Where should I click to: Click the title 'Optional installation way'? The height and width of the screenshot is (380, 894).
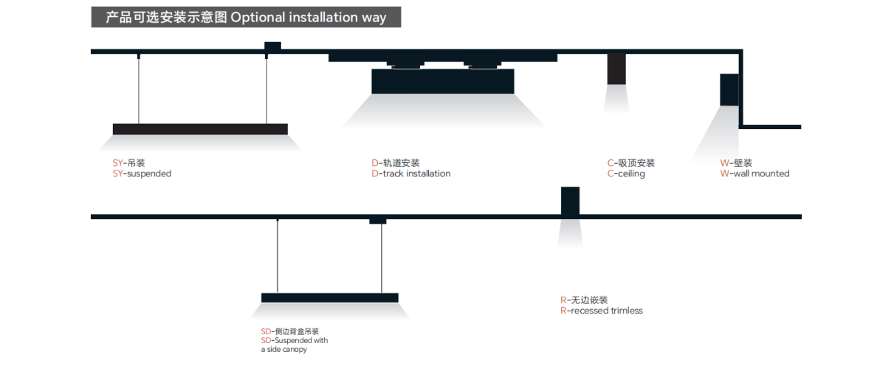308,18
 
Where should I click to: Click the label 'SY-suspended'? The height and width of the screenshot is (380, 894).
142,174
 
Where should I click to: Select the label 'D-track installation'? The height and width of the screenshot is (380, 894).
411,174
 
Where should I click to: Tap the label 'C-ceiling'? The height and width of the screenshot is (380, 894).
626,174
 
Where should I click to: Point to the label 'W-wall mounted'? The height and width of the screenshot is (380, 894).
754,174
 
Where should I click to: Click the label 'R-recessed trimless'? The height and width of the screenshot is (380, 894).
601,311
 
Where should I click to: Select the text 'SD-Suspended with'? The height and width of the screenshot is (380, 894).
295,340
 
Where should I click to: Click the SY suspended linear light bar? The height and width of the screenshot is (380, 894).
200,129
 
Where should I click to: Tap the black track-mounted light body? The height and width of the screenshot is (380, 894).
442,81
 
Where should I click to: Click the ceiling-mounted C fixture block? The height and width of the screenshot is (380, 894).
616,69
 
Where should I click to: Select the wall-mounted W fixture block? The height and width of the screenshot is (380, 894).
729,90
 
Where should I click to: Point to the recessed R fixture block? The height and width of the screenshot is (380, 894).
570,201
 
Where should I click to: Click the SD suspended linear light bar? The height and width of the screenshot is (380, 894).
329,297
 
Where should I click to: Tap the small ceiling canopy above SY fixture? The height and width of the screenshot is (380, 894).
272,48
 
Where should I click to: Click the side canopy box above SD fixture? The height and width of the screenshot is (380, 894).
377,220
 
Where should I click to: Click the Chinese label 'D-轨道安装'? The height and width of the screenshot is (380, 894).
395,163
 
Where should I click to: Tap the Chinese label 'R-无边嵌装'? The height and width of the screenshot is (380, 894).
583,300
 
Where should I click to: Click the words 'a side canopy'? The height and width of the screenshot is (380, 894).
283,350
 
